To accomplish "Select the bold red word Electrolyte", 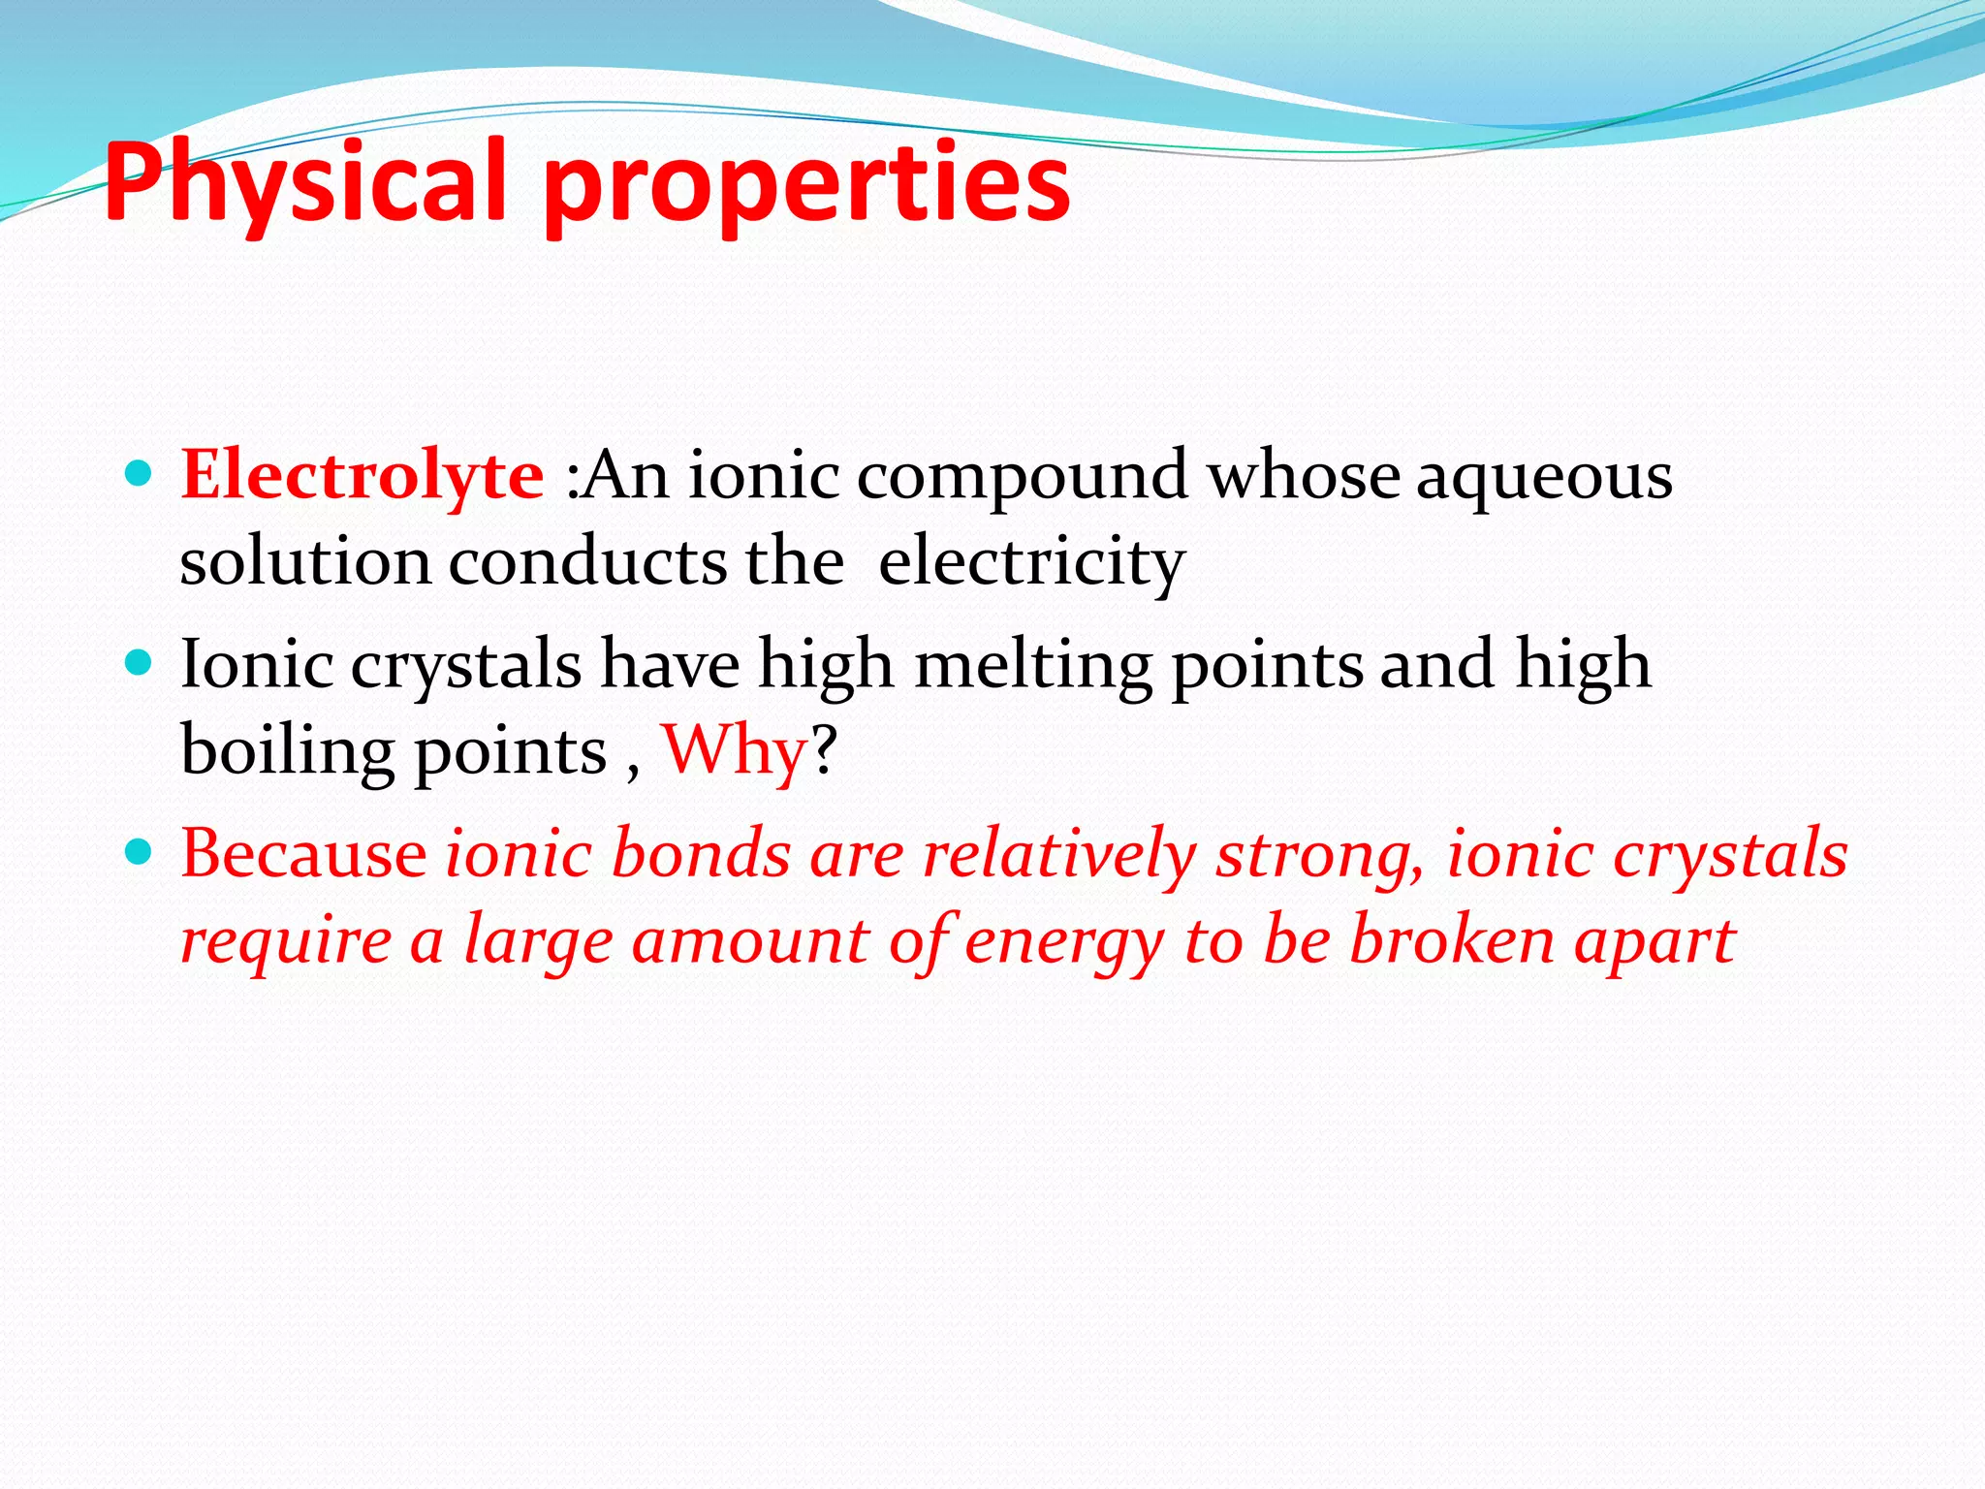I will pyautogui.click(x=362, y=475).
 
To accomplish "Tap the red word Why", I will pyautogui.click(x=734, y=750).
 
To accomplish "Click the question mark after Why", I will pyautogui.click(x=823, y=750).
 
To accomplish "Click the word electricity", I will pyautogui.click(x=1031, y=562).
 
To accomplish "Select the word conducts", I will pyautogui.click(x=588, y=562).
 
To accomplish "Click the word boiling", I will pyautogui.click(x=287, y=752).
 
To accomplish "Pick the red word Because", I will pyautogui.click(x=303, y=853).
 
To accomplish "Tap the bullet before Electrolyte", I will pyautogui.click(x=140, y=473).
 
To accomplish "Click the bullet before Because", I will pyautogui.click(x=140, y=852).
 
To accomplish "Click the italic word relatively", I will pyautogui.click(x=1059, y=855).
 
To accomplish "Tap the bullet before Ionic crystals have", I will pyautogui.click(x=140, y=663).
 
